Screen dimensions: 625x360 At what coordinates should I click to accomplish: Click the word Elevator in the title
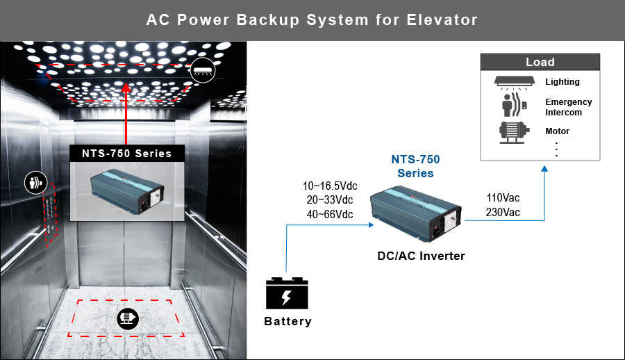point(442,19)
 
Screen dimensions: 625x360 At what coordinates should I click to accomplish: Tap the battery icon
point(287,293)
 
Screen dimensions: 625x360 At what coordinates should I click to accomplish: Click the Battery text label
point(287,321)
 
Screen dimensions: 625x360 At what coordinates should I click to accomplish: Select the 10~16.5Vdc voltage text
point(330,186)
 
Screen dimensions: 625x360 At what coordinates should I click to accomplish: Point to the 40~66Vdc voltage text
point(330,214)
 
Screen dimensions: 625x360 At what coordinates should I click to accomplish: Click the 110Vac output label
point(503,197)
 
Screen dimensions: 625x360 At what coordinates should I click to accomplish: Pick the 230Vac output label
point(503,212)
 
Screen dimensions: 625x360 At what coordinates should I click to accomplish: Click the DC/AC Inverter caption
point(421,256)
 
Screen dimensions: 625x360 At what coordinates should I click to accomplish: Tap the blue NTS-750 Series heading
point(415,166)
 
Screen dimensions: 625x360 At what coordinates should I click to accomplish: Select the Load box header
point(540,62)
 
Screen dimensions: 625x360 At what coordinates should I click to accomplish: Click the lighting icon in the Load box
point(515,82)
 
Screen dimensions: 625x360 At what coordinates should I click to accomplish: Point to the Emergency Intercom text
point(568,107)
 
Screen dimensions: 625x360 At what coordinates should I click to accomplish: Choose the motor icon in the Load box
point(514,132)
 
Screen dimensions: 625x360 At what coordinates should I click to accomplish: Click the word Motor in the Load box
point(557,131)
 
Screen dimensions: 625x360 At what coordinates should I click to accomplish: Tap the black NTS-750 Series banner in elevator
point(127,154)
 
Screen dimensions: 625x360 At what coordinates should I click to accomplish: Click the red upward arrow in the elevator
point(126,113)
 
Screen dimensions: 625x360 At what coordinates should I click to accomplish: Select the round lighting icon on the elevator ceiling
point(203,70)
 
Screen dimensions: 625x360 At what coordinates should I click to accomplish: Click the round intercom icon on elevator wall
point(36,183)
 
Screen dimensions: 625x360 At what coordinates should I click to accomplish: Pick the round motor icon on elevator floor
point(128,319)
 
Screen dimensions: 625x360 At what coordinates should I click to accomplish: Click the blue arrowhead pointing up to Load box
point(544,169)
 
